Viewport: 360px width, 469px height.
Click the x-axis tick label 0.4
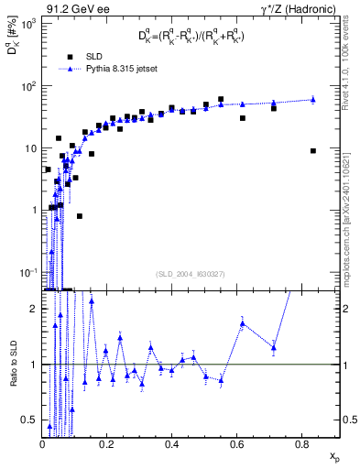pyautogui.click(x=171, y=445)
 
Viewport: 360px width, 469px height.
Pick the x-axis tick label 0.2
pyautogui.click(x=106, y=445)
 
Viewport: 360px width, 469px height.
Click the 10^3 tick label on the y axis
pyautogui.click(x=28, y=24)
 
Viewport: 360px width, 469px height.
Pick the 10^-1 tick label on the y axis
pyautogui.click(x=28, y=272)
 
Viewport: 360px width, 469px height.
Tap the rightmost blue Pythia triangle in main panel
pyautogui.click(x=313, y=99)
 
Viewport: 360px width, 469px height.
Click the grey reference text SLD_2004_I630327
pyautogui.click(x=191, y=273)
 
